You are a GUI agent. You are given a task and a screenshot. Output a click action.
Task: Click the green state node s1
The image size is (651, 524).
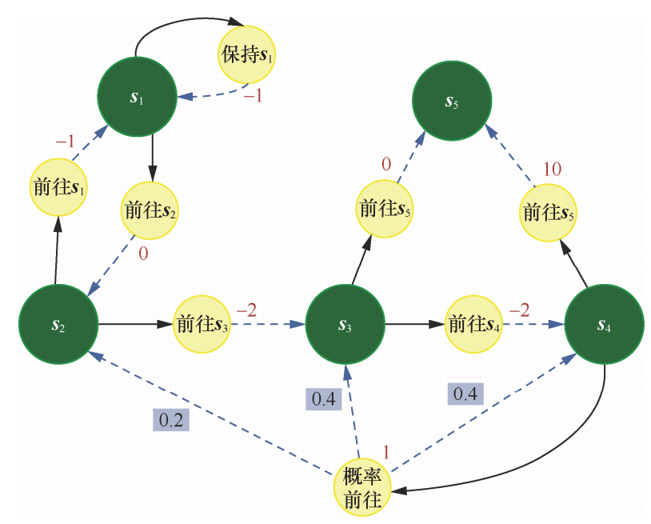point(136,98)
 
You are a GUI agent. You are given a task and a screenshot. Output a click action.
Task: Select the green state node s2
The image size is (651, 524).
point(58,325)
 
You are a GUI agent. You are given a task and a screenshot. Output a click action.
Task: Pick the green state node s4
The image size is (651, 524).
point(605,325)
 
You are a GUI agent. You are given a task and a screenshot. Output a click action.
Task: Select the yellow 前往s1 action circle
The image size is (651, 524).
point(58,187)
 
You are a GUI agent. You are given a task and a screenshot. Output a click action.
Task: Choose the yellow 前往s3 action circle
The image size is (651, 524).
point(202,325)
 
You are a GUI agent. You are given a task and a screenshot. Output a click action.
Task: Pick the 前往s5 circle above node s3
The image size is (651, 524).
point(385,210)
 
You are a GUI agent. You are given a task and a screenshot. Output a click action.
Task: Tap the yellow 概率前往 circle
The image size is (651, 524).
point(362,488)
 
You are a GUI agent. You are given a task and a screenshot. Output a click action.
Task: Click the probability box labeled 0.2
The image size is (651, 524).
point(170,419)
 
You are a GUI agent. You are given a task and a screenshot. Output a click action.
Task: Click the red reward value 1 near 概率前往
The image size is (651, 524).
point(385,452)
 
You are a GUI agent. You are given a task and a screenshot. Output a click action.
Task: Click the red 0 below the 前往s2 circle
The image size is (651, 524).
point(145,253)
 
